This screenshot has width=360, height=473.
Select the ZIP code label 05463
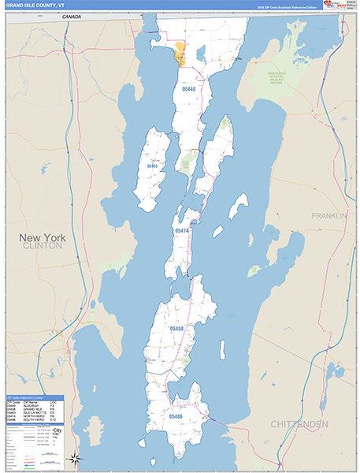pyautogui.click(x=151, y=166)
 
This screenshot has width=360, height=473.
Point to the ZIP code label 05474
pyautogui.click(x=181, y=230)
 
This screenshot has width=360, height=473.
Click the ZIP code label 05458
pyautogui.click(x=176, y=328)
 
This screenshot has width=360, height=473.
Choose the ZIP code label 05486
pyautogui.click(x=177, y=415)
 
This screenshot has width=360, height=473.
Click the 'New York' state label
pyautogui.click(x=43, y=236)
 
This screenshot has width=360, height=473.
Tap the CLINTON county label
pyautogui.click(x=43, y=246)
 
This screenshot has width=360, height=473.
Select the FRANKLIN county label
pyautogui.click(x=328, y=215)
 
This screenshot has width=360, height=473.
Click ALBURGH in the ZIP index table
pyautogui.click(x=32, y=406)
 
